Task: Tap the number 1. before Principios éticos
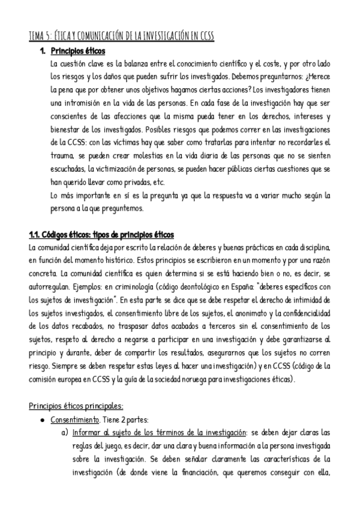coord(43,51)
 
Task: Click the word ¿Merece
coord(316,77)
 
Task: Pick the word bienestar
coord(65,130)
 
